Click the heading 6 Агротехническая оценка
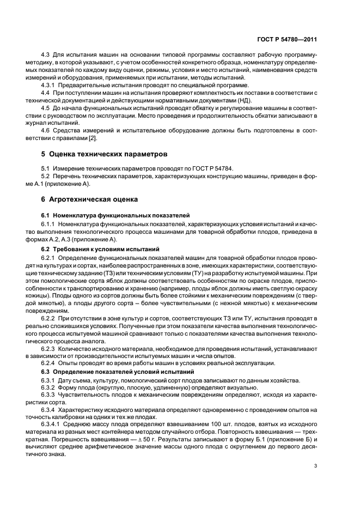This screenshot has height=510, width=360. point(90,199)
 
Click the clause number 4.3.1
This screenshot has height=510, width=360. point(50,86)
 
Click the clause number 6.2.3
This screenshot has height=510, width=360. point(50,348)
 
